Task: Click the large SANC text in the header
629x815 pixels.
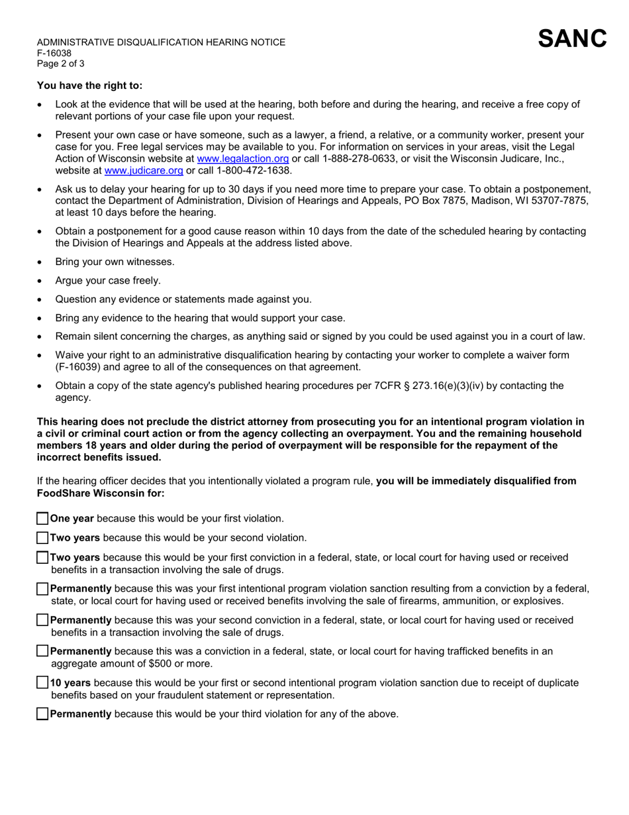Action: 572,39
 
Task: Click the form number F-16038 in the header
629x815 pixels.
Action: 54,53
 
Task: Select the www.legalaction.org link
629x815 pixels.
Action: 243,158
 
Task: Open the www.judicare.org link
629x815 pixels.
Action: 144,171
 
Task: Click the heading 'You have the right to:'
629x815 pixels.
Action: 89,85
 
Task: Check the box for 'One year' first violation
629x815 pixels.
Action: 42,519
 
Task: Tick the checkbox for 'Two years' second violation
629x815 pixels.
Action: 42,538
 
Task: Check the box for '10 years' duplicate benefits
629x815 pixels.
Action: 42,682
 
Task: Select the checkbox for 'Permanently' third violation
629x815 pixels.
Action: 42,714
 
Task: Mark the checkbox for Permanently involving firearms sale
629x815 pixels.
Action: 42,588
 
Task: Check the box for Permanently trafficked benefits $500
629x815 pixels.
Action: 42,651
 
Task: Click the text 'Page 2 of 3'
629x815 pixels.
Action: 60,64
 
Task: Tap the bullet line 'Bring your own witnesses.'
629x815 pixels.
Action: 115,262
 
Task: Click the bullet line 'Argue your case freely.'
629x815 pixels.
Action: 108,280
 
